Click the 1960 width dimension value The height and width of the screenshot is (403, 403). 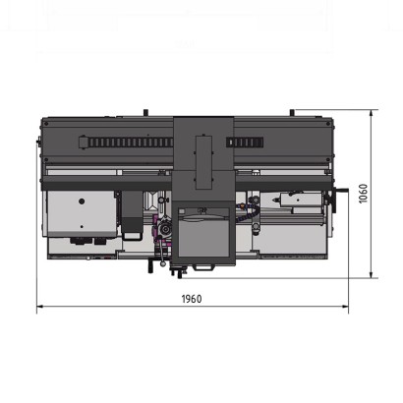(x=192, y=299)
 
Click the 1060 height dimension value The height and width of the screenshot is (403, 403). (x=363, y=194)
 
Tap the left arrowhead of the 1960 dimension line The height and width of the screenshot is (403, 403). (x=40, y=307)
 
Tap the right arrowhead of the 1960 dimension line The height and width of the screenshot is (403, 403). (x=345, y=307)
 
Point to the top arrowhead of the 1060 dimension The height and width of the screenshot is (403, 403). (x=371, y=113)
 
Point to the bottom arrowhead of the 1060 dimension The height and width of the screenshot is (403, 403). (x=371, y=274)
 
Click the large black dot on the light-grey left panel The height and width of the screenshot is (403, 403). (x=82, y=201)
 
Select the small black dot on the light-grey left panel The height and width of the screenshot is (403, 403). (x=82, y=226)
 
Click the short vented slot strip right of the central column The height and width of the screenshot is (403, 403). (x=245, y=143)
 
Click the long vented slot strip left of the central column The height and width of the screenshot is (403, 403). (x=126, y=143)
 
